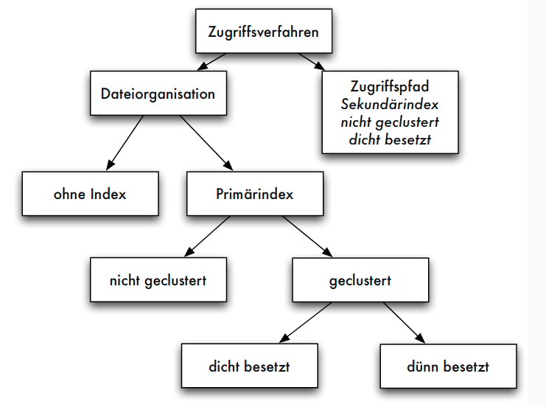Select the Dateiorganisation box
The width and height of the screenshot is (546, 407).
coord(158,94)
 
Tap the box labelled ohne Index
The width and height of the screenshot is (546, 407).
coord(90,194)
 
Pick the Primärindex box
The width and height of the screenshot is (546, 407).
coord(255,194)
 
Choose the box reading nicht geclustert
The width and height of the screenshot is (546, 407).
coord(158,279)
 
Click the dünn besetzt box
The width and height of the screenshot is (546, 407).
coord(447,366)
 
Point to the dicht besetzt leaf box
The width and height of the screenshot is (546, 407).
coord(251,366)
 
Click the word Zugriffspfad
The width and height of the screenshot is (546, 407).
coord(391,86)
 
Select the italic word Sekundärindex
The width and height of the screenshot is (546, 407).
coord(391,104)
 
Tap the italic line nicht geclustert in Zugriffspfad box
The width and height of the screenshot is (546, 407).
coord(391,121)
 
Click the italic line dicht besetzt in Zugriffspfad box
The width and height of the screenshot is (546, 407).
coord(391,138)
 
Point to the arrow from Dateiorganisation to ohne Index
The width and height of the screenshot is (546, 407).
coord(125,142)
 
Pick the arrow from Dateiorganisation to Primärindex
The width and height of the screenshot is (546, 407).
coord(206,142)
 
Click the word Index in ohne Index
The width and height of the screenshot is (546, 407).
coord(108,194)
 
